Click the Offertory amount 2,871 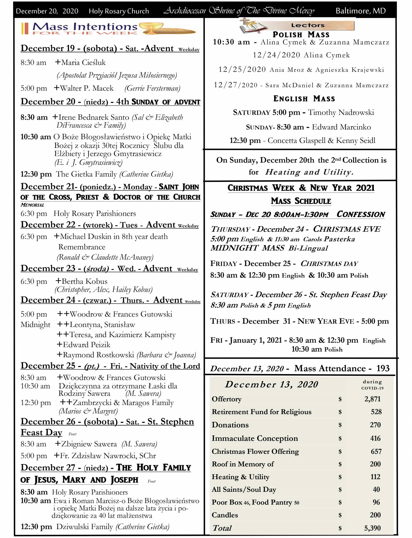[x=372, y=399]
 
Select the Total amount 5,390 [x=372, y=528]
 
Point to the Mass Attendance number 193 [x=383, y=368]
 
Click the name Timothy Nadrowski [x=341, y=113]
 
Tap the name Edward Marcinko [x=341, y=127]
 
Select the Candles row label [x=225, y=515]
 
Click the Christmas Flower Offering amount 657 [x=376, y=451]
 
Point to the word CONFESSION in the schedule [x=361, y=214]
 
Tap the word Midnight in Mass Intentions [x=35, y=325]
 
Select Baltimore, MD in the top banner [x=360, y=11]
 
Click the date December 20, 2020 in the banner [x=47, y=11]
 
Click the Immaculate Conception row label [x=254, y=438]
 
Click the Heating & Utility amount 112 [x=375, y=477]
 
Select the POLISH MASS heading [x=301, y=35]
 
